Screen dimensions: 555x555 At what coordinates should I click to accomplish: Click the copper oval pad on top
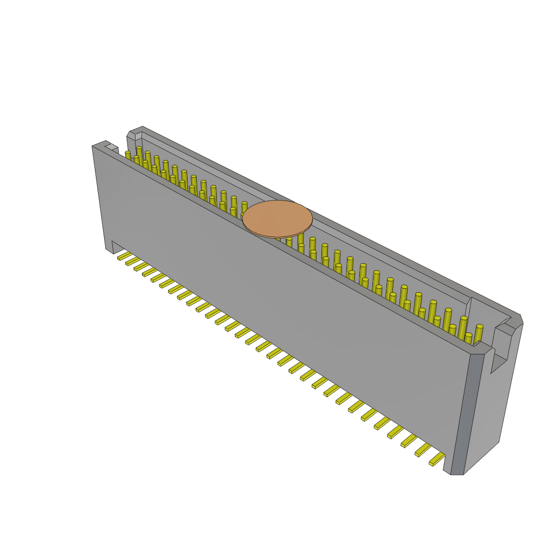(277, 218)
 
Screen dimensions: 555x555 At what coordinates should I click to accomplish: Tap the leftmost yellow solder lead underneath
(124, 256)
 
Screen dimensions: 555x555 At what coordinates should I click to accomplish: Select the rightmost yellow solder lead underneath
(437, 459)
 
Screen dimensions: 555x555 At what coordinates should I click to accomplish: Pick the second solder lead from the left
(132, 261)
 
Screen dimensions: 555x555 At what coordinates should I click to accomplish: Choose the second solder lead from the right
(423, 450)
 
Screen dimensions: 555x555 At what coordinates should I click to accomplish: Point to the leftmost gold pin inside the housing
(128, 155)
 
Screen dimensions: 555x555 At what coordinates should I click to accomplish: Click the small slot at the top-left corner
(111, 147)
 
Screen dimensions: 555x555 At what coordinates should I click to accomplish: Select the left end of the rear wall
(132, 134)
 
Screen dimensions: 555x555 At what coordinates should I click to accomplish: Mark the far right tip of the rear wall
(520, 320)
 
